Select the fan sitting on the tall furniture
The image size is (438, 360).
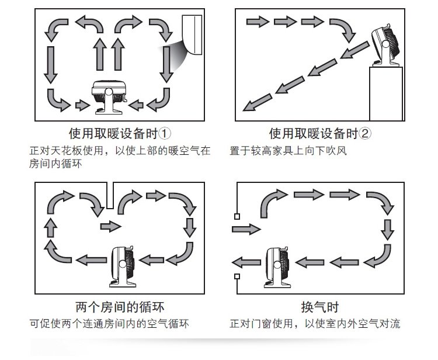(x=388, y=43)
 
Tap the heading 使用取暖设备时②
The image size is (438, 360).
(x=320, y=133)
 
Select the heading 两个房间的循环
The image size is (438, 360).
(x=119, y=307)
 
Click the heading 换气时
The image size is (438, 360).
(x=319, y=307)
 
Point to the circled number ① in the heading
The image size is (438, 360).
(x=165, y=133)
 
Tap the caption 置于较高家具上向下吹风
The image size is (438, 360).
(x=288, y=151)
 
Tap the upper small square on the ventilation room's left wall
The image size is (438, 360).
(x=237, y=217)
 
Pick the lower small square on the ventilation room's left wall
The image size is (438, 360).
(x=237, y=276)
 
